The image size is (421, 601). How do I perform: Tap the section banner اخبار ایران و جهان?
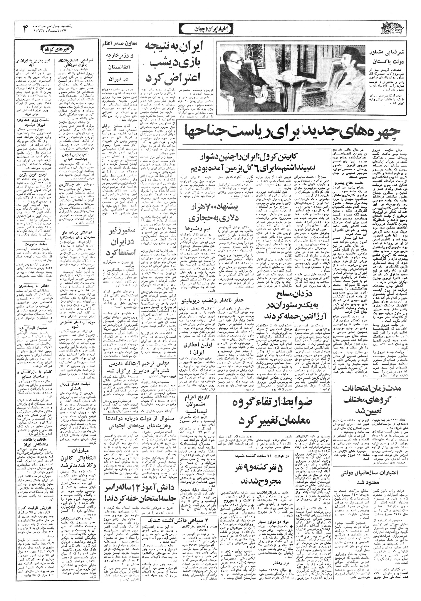coord(210,29)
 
